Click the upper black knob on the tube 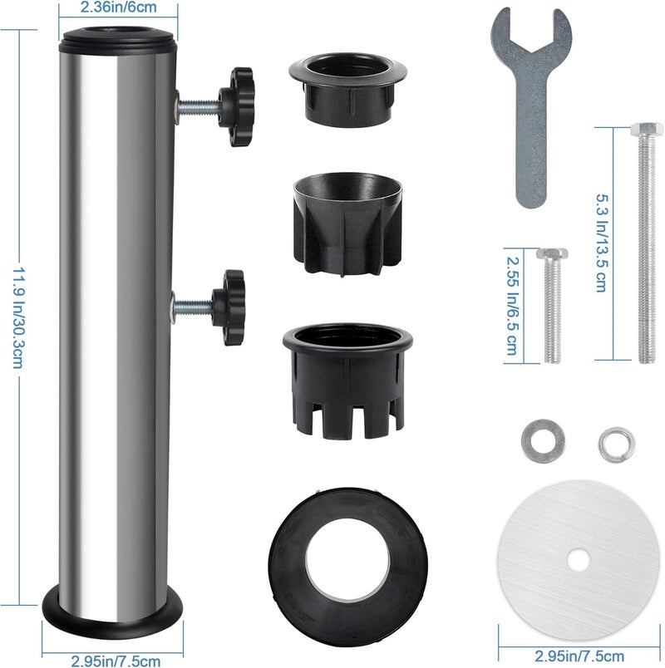pos(237,106)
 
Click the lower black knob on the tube pos(229,307)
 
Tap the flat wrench pos(530,106)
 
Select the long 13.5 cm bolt pos(647,243)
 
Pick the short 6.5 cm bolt pos(552,305)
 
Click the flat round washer pos(543,441)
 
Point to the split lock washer pos(617,445)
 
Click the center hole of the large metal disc pos(579,560)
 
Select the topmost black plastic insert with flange pos(347,90)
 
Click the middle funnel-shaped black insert pos(347,223)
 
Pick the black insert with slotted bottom pos(347,381)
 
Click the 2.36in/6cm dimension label pos(119,7)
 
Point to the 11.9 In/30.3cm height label pos(18,318)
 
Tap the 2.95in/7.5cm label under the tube pos(116,661)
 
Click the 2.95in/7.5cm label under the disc pos(579,656)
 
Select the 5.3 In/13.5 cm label pos(602,243)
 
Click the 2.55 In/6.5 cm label pos(511,306)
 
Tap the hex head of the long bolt pos(647,129)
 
